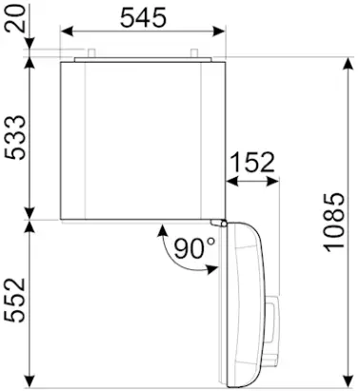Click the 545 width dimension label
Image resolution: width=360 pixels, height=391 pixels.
pos(145,17)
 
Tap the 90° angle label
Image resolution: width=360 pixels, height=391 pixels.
pos(194,248)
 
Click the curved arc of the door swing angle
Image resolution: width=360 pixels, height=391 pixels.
pos(167,249)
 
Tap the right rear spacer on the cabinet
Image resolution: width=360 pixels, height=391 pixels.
pos(191,51)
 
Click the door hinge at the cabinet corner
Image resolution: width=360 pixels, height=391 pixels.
pos(220,223)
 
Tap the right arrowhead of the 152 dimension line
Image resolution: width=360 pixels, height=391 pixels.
pos(277,178)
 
